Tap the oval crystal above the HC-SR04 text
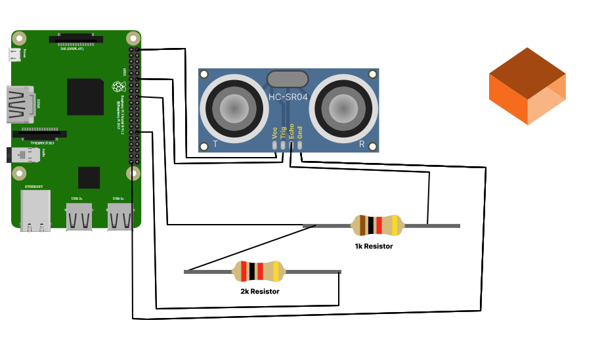(288, 78)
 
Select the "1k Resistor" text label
(374, 246)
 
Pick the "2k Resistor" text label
(260, 291)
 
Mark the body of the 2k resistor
(259, 271)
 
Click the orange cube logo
(527, 86)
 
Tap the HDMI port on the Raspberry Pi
(20, 104)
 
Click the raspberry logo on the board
(118, 86)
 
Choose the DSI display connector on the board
(76, 39)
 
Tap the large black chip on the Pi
(85, 97)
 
